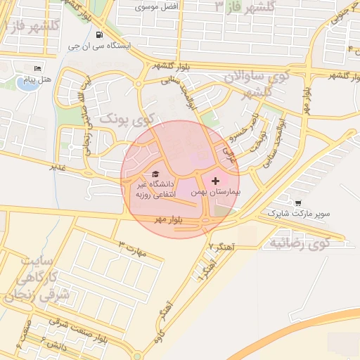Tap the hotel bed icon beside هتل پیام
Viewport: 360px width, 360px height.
37,68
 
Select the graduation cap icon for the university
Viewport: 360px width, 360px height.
155,174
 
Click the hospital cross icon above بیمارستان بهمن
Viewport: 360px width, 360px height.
215,181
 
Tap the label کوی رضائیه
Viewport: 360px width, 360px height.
299,243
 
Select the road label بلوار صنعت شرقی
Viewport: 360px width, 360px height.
70,324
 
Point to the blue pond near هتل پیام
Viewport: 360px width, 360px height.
26,82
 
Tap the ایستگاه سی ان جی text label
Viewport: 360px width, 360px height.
99,46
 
